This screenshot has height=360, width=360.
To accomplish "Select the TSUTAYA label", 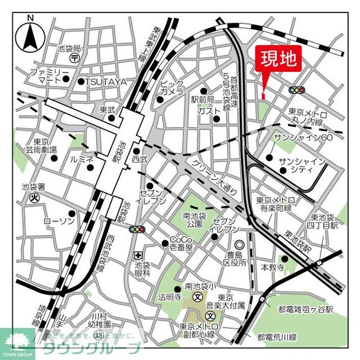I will (x=106, y=81).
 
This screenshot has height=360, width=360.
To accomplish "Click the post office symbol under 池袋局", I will (x=73, y=58).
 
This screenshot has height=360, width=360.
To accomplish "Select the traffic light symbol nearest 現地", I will (x=296, y=90).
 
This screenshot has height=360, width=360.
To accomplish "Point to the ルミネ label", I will (x=82, y=159).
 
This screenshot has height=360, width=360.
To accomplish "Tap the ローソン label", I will (x=58, y=221).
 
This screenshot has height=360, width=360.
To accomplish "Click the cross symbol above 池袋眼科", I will (x=140, y=254).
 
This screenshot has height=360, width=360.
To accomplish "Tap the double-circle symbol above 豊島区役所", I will (x=239, y=245).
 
